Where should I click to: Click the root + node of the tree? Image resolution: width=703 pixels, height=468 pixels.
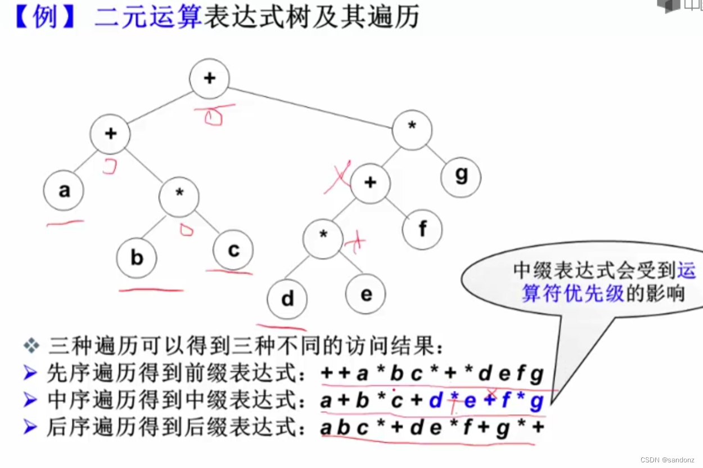[209, 78]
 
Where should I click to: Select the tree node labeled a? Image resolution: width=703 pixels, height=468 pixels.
[64, 191]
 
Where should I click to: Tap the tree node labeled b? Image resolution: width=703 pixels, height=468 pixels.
[137, 258]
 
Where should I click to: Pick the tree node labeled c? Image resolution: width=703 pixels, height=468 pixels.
[233, 250]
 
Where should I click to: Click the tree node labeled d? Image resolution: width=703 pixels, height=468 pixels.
[287, 298]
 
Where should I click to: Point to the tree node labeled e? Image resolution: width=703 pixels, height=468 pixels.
[366, 294]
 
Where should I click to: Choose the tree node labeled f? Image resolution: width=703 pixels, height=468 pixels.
[422, 229]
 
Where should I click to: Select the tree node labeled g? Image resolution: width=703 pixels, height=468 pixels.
[461, 176]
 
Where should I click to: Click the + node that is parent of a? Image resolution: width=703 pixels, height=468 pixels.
[110, 133]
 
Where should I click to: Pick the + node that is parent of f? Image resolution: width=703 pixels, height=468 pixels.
[370, 183]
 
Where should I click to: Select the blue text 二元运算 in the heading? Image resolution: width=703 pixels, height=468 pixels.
[148, 17]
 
